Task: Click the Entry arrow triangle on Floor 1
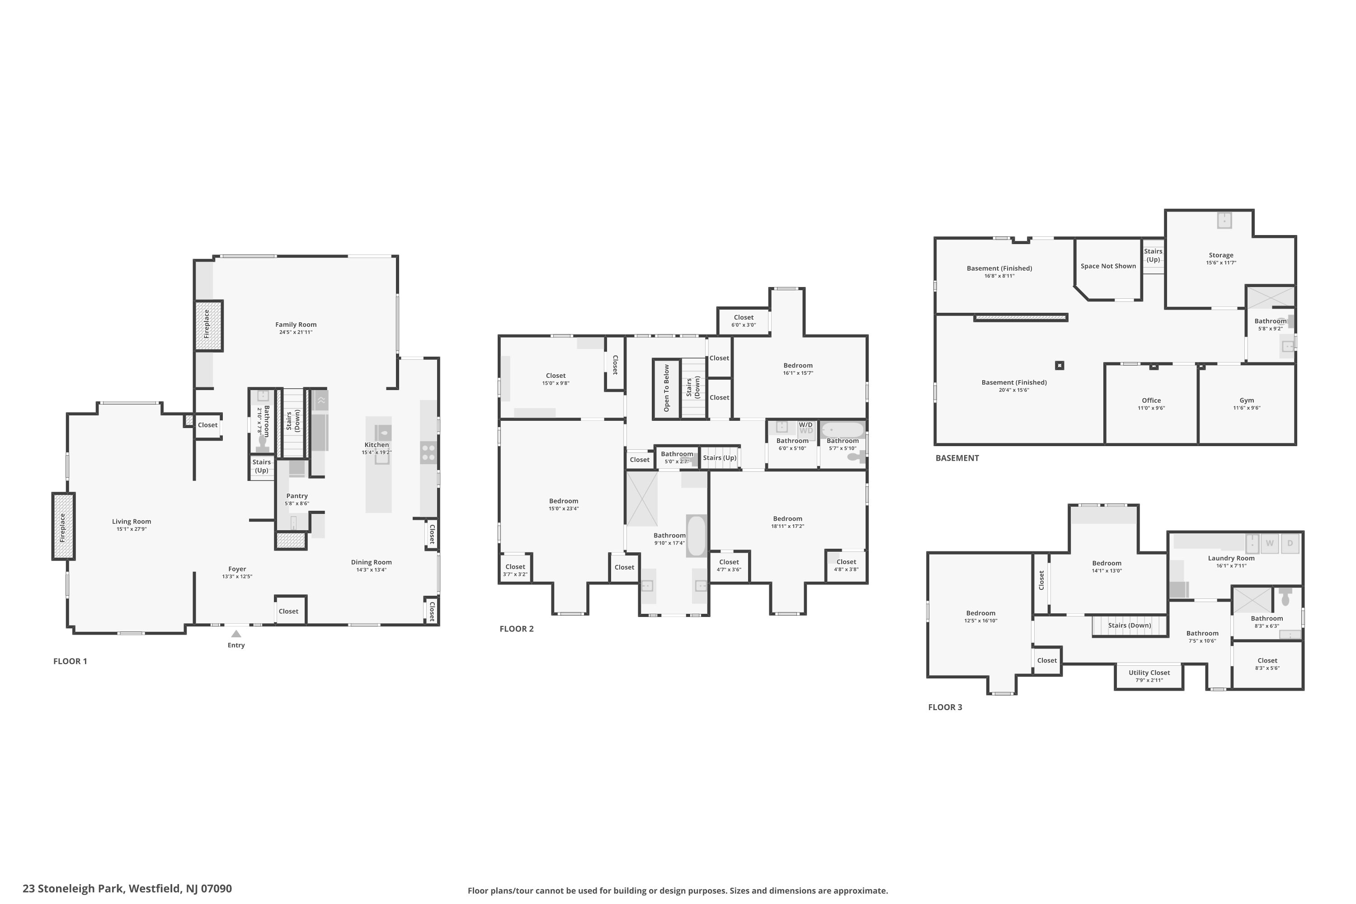(236, 634)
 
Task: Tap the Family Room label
(296, 325)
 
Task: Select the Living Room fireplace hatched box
(63, 526)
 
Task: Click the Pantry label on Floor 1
(297, 496)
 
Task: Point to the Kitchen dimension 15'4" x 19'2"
(377, 452)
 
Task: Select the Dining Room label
(371, 562)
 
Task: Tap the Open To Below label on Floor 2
(666, 388)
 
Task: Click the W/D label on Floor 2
(805, 425)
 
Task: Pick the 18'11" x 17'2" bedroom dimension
(787, 527)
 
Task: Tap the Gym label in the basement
(1247, 400)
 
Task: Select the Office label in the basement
(1151, 400)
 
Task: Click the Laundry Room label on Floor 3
(1231, 558)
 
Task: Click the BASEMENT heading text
(957, 458)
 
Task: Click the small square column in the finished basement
(1059, 366)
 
